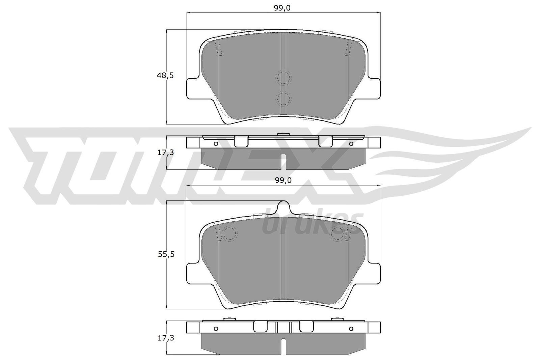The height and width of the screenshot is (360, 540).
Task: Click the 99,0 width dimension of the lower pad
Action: (283, 181)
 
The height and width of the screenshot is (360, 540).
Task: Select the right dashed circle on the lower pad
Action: (337, 233)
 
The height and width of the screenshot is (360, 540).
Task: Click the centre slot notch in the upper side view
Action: (283, 162)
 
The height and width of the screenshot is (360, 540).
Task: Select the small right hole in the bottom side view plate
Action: (351, 329)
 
